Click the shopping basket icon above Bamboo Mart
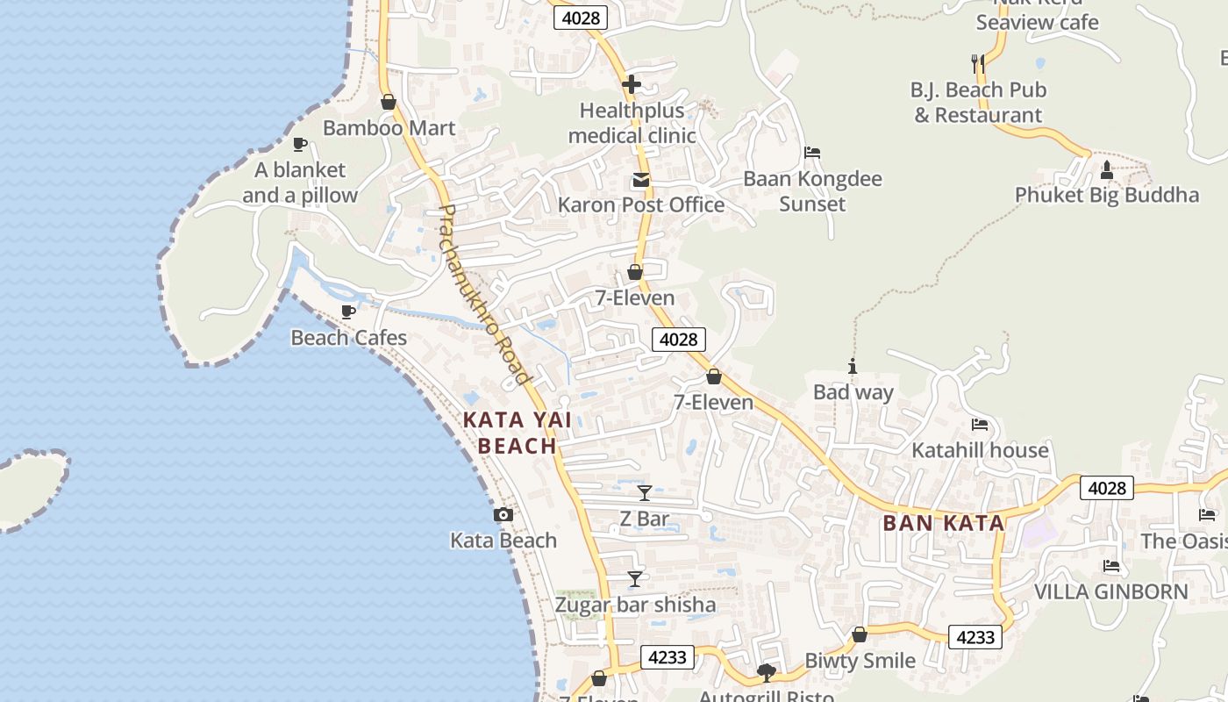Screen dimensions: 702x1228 [389, 103]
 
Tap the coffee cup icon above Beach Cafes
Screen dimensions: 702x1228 [348, 312]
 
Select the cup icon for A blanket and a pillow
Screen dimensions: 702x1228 [299, 144]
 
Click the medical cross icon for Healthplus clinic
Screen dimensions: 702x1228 [632, 85]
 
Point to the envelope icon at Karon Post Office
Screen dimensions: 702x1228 [641, 181]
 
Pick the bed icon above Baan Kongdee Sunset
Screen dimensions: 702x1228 [812, 153]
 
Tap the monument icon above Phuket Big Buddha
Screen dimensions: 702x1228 [1107, 169]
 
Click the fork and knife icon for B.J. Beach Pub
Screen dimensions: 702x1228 [978, 63]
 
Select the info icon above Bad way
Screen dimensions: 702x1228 [853, 367]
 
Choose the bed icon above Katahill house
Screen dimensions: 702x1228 [980, 425]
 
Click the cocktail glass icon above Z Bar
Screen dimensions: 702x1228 [645, 493]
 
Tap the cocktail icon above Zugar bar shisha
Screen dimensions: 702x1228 [635, 579]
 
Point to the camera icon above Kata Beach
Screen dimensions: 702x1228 [503, 515]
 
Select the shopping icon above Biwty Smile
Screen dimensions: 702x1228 [860, 634]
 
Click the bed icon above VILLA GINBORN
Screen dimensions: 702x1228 [1111, 566]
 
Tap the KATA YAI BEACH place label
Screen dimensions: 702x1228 [518, 433]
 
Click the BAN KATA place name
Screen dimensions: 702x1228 [943, 523]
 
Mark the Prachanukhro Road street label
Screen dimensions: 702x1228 [485, 295]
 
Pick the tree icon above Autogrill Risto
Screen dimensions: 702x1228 [766, 673]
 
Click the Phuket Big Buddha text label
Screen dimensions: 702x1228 [1107, 195]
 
